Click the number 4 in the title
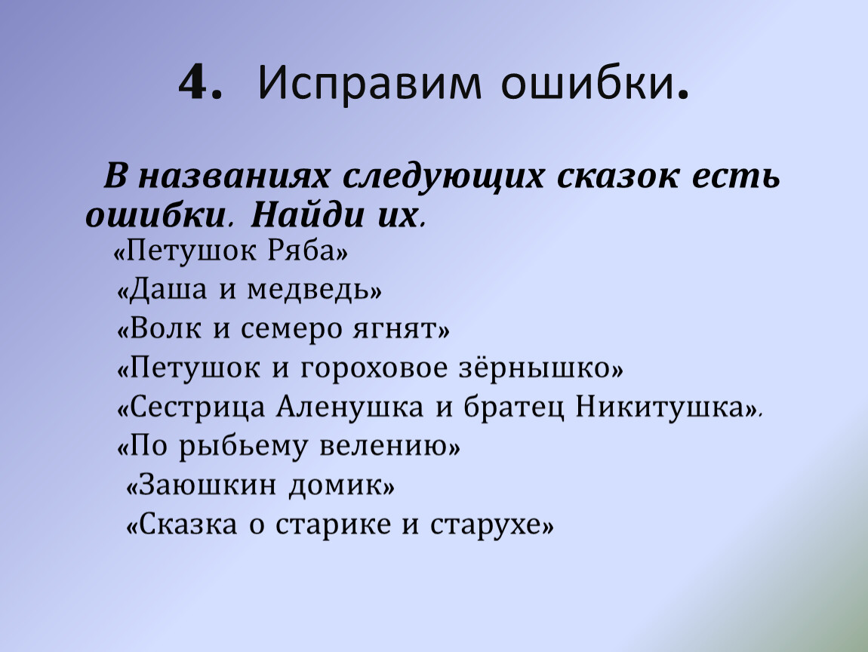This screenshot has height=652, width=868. [194, 81]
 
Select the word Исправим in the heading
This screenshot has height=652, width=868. [370, 84]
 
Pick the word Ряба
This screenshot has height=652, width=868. [303, 252]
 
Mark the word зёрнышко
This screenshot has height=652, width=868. [534, 368]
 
